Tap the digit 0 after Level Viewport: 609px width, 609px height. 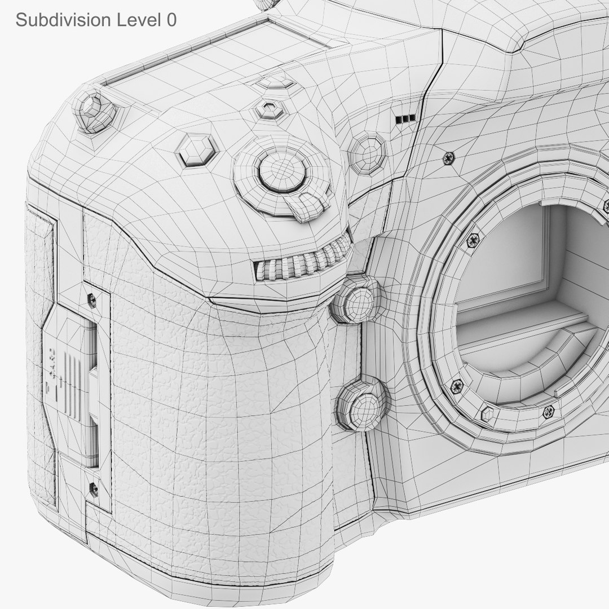(171, 20)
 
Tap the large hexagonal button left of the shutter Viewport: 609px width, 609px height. (196, 150)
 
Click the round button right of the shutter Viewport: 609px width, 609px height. (367, 152)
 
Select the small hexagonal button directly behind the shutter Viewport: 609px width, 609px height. (270, 109)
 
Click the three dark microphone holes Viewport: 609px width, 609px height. (405, 119)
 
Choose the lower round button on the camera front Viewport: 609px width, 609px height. (363, 404)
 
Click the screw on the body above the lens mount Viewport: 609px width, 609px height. (449, 158)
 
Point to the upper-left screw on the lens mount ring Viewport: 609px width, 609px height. (473, 241)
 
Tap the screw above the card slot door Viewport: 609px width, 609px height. (91, 301)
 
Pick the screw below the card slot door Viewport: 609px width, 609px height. (93, 489)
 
